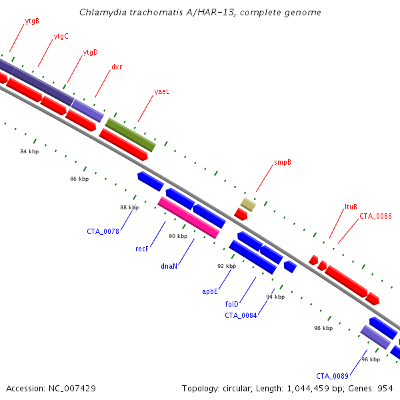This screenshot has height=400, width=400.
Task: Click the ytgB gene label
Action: [x=32, y=21]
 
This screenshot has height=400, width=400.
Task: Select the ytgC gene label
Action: [x=61, y=37]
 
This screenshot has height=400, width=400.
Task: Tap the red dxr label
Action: [x=117, y=67]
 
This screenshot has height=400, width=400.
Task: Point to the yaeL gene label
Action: [x=162, y=92]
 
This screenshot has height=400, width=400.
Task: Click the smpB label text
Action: [x=283, y=163]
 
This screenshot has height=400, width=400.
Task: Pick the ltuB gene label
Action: [x=351, y=207]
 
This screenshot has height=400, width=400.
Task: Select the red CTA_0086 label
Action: [x=375, y=216]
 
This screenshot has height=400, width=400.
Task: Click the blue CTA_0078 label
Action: [x=103, y=231]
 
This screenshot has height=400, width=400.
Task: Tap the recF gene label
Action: [x=142, y=249]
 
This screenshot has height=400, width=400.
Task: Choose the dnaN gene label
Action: [x=169, y=266]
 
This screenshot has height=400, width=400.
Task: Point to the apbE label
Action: [x=210, y=291]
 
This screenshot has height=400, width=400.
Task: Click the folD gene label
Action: [x=231, y=304]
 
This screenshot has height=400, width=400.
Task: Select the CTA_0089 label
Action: [x=332, y=376]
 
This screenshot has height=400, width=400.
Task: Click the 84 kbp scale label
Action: [x=29, y=151]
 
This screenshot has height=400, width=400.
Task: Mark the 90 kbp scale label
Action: [x=178, y=236]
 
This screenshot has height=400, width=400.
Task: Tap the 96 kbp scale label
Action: [x=323, y=328]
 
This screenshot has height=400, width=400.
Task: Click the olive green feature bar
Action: [x=131, y=135]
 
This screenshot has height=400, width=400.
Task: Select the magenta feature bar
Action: [x=189, y=217]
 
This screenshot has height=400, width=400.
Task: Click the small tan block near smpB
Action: [x=248, y=205]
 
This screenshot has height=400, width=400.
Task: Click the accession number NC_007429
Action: [x=72, y=389]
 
